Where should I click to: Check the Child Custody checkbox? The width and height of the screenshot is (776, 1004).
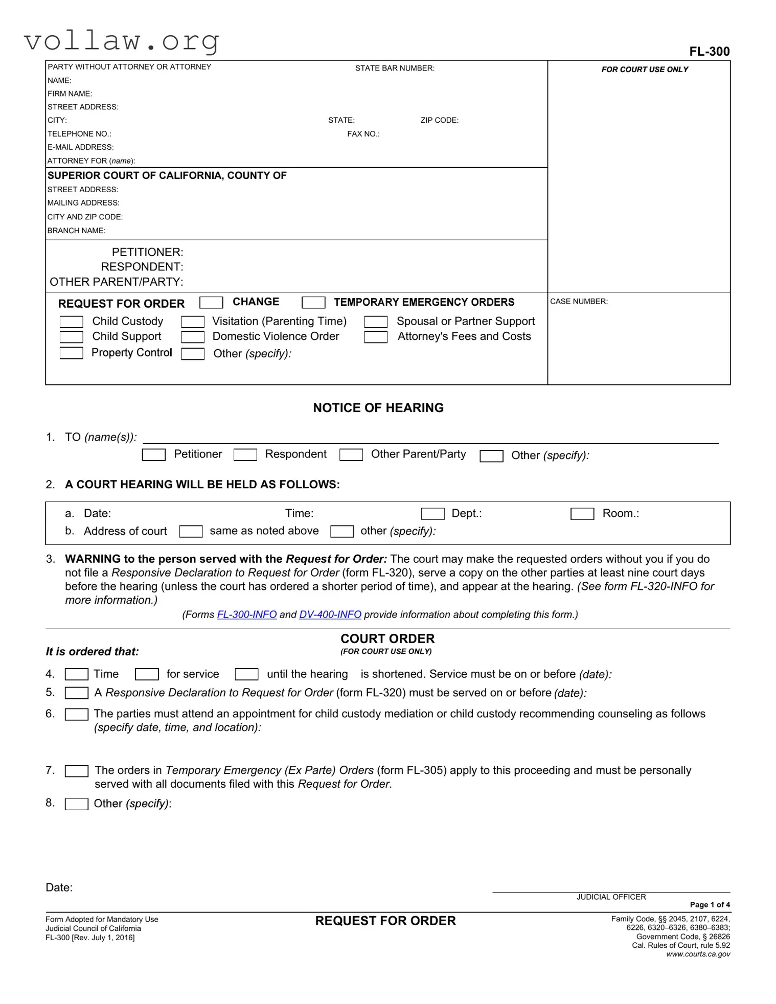[x=71, y=322]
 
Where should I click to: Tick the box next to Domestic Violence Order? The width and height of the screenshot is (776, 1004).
[x=193, y=337]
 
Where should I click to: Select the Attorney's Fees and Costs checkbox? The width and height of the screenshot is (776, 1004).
[x=376, y=337]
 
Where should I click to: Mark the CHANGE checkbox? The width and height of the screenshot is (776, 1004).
[x=211, y=303]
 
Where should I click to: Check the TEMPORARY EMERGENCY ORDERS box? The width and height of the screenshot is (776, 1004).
[x=313, y=303]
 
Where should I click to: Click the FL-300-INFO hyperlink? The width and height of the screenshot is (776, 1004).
[x=247, y=614]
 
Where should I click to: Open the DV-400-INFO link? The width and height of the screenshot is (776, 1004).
[x=330, y=614]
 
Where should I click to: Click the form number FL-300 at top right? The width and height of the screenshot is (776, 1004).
[x=709, y=51]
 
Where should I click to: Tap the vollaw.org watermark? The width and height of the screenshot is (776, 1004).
[x=122, y=40]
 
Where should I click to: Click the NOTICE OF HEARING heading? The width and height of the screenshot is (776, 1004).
[x=378, y=407]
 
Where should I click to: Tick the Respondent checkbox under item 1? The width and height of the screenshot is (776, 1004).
[x=245, y=454]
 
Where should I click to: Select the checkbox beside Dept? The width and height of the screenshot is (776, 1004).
[x=432, y=514]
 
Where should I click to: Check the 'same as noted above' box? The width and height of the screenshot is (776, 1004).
[x=191, y=532]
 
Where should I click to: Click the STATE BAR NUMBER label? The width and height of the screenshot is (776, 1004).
[x=395, y=68]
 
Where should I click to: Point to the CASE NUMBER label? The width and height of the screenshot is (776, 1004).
[x=579, y=302]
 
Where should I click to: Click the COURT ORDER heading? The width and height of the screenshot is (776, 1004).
[x=387, y=638]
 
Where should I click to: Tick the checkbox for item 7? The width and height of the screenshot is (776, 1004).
[x=77, y=771]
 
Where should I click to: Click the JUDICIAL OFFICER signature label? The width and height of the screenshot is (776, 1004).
[x=611, y=897]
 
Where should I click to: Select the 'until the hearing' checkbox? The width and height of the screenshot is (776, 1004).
[x=246, y=675]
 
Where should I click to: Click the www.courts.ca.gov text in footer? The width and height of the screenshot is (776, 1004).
[x=698, y=954]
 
